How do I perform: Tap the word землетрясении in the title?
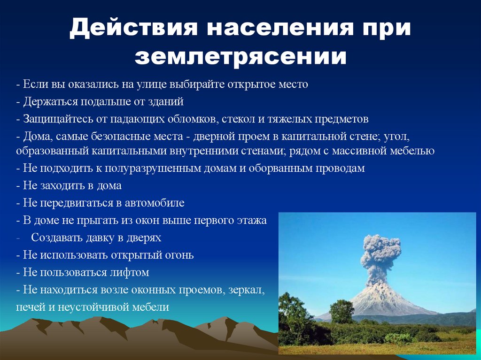point(240,56)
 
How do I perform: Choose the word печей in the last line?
point(29,307)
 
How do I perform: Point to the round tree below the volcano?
point(342,312)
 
